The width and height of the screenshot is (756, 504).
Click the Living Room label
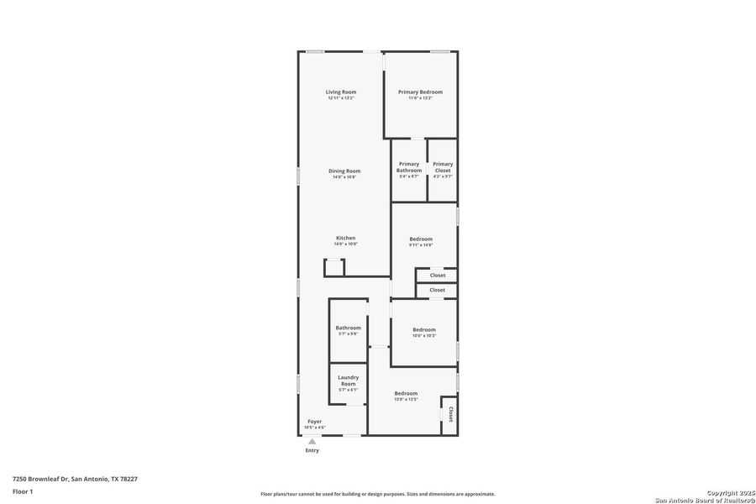pyautogui.click(x=341, y=92)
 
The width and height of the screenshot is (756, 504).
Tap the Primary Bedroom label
pyautogui.click(x=420, y=92)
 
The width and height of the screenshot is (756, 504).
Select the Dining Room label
pyautogui.click(x=344, y=171)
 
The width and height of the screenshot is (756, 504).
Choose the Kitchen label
pyautogui.click(x=346, y=238)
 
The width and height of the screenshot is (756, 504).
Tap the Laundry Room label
pyautogui.click(x=348, y=381)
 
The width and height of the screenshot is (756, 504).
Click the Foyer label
pyautogui.click(x=314, y=421)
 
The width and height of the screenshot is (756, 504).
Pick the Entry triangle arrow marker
pyautogui.click(x=312, y=441)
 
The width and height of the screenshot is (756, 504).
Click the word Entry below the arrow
pyautogui.click(x=312, y=450)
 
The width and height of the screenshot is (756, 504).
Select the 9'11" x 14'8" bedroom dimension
pyautogui.click(x=421, y=244)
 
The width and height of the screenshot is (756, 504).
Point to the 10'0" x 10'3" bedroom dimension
pyautogui.click(x=424, y=335)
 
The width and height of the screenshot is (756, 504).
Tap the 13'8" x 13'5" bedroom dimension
pyautogui.click(x=406, y=399)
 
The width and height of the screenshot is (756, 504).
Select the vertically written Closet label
pyautogui.click(x=450, y=414)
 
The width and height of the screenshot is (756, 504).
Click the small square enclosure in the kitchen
pyautogui.click(x=334, y=268)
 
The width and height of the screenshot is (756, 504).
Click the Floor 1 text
pyautogui.click(x=23, y=491)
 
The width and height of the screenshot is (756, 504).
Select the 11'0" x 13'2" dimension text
pyautogui.click(x=420, y=98)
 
